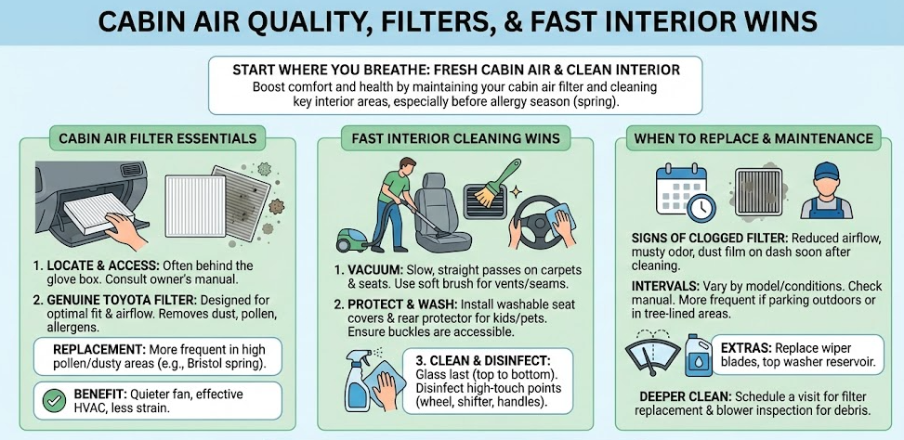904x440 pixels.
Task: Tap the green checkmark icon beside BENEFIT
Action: click(54, 401)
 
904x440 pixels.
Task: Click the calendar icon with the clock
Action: click(685, 191)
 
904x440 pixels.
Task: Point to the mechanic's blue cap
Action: click(827, 170)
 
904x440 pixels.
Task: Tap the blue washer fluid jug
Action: click(699, 355)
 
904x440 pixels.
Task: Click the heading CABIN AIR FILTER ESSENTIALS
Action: click(157, 138)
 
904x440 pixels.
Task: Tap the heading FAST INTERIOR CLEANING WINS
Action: click(455, 138)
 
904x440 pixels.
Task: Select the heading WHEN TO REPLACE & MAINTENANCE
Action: click(753, 138)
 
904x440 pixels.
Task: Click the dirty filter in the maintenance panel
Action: click(758, 192)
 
